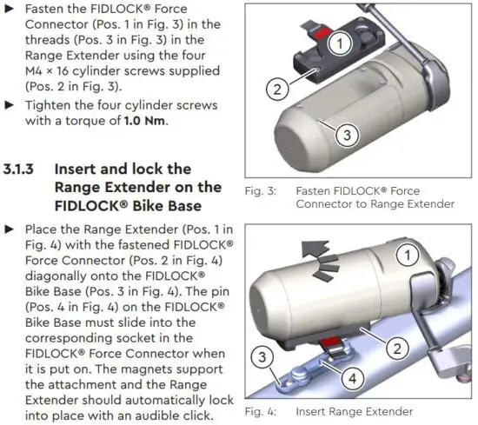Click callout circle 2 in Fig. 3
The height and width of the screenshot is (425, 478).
275,88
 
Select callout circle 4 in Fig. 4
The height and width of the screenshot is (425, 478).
353,379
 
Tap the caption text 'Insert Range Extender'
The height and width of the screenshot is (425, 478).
354,411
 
